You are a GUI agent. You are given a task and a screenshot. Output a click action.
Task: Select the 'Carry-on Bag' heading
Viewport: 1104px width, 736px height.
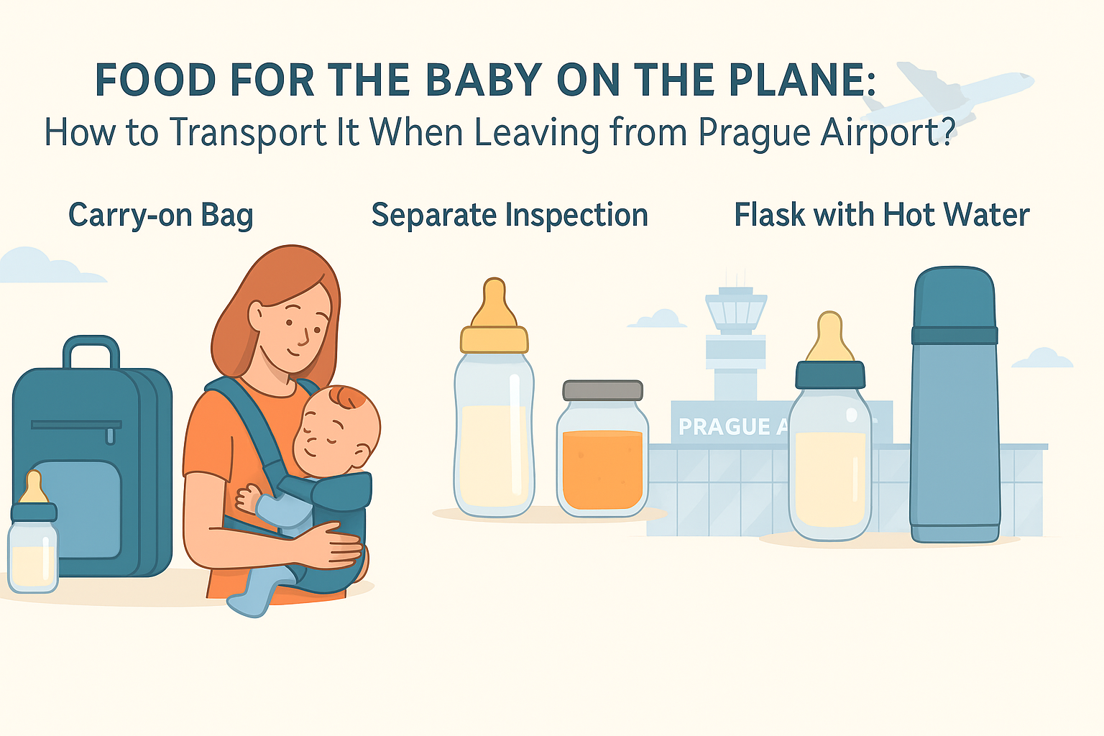(x=161, y=216)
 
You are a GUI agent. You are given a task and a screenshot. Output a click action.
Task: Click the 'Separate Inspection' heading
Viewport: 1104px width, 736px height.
(x=510, y=215)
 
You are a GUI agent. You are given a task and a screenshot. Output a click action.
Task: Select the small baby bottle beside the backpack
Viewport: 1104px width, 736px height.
(x=33, y=533)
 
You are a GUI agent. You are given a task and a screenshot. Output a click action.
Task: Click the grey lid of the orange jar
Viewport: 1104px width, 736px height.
(x=603, y=390)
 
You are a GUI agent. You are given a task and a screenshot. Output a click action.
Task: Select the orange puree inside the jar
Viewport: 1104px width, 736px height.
(x=602, y=469)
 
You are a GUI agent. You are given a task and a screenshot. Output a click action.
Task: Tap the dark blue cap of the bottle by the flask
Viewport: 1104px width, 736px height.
(x=830, y=374)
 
